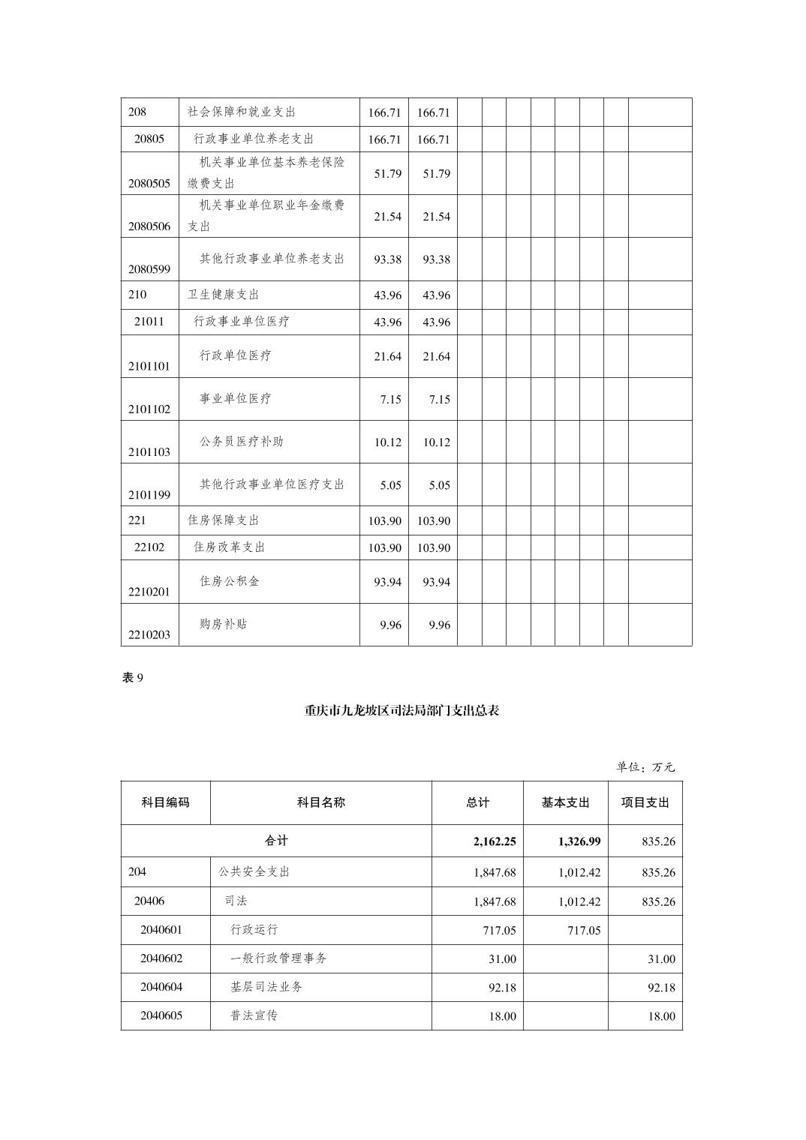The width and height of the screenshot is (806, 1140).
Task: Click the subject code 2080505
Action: coord(149,183)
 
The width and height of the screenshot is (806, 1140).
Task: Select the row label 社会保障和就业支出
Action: coord(242,112)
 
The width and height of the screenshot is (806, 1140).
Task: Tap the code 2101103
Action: coord(149,451)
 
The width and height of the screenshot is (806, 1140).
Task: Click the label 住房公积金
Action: coord(230,580)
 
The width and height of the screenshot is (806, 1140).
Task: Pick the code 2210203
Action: coord(149,634)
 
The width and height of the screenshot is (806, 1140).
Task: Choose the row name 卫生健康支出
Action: coord(224,294)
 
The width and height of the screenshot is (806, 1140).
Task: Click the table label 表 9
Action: coord(133,677)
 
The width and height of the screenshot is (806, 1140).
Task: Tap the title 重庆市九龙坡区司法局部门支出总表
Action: coord(401,710)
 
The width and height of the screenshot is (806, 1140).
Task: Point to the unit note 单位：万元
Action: coord(645,766)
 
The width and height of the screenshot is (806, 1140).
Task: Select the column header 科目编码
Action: coord(166,802)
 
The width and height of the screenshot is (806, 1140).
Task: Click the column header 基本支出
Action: coord(565,802)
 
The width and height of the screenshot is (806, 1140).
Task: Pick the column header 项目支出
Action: coord(645,802)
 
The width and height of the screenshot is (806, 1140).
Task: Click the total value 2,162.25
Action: coord(495,841)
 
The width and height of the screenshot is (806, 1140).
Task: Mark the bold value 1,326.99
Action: coord(579,841)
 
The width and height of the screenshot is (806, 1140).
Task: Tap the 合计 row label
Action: coord(276,841)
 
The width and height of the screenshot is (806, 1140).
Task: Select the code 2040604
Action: coord(161,987)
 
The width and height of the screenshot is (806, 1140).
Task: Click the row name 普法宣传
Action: coord(254,1015)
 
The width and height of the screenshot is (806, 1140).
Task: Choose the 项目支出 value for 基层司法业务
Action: coord(661,988)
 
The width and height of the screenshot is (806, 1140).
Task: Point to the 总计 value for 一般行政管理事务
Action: coord(502,959)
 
